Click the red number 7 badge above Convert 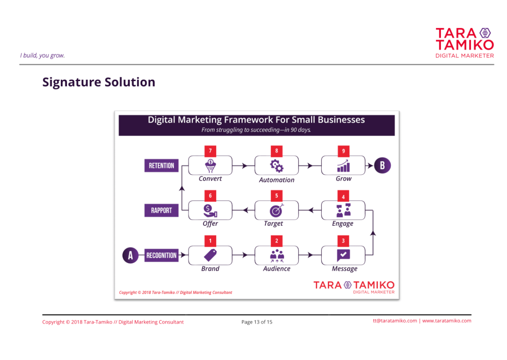point(210,151)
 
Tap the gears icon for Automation point(277,166)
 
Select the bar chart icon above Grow point(343,166)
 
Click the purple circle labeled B point(382,165)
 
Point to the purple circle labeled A point(130,255)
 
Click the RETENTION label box point(161,165)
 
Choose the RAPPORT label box point(161,210)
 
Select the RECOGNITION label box point(161,255)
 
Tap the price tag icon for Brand point(210,255)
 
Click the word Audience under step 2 point(277,269)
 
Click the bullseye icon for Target point(277,210)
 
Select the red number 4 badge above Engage point(343,196)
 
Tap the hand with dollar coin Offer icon point(210,211)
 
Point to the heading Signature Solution point(99,82)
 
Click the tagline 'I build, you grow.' point(42,55)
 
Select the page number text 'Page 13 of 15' point(257,322)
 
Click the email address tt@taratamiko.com point(395,321)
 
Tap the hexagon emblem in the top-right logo point(485,33)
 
